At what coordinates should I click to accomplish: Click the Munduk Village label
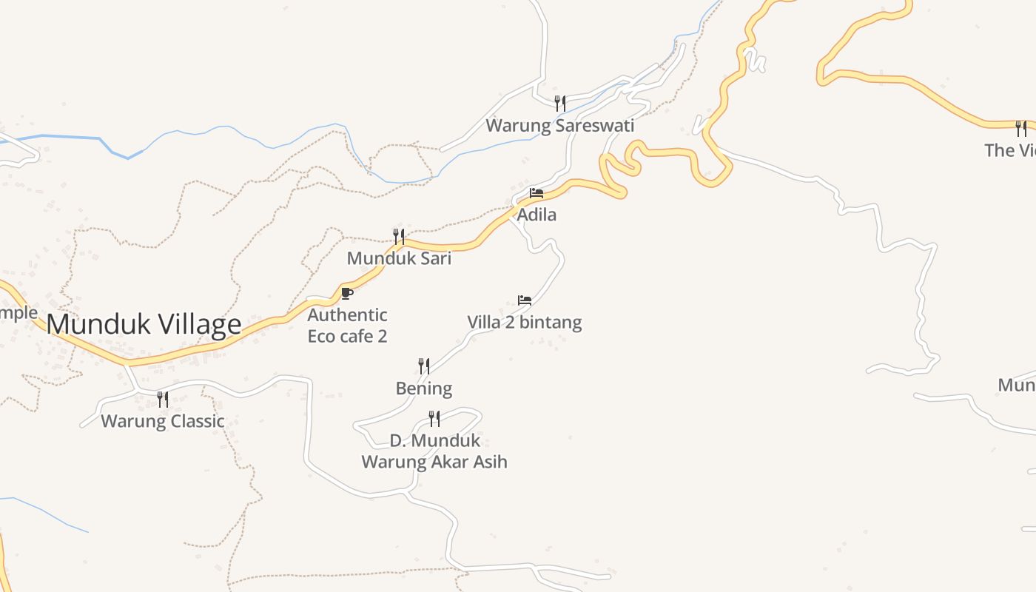pyautogui.click(x=144, y=325)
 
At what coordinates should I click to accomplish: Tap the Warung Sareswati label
pyautogui.click(x=559, y=126)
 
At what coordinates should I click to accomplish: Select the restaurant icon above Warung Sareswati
pyautogui.click(x=560, y=103)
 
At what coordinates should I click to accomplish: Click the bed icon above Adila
pyautogui.click(x=536, y=193)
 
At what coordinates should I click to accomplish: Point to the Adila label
pyautogui.click(x=536, y=215)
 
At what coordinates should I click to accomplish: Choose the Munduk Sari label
pyautogui.click(x=399, y=258)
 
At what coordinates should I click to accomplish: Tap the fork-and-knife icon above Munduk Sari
pyautogui.click(x=398, y=236)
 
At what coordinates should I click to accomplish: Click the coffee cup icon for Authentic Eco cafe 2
pyautogui.click(x=346, y=293)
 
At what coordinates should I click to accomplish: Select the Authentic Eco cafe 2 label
pyautogui.click(x=347, y=326)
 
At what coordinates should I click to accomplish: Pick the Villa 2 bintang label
pyautogui.click(x=524, y=323)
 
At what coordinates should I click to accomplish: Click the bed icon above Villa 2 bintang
pyautogui.click(x=525, y=300)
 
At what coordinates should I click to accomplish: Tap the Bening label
pyautogui.click(x=423, y=388)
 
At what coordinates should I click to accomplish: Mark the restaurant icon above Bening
pyautogui.click(x=424, y=366)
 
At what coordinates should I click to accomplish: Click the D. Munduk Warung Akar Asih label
pyautogui.click(x=434, y=451)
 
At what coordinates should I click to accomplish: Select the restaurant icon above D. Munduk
pyautogui.click(x=434, y=419)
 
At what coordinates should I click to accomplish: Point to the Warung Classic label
pyautogui.click(x=162, y=421)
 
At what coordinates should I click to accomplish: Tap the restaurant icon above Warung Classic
pyautogui.click(x=163, y=400)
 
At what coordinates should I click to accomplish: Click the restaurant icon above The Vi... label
pyautogui.click(x=1021, y=129)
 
